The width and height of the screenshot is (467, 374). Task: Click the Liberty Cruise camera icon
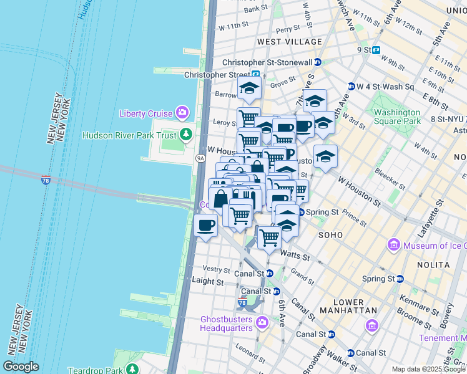[182, 113]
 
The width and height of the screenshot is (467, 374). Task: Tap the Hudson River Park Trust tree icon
[185, 135]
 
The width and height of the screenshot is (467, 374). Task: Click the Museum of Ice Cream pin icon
[393, 245]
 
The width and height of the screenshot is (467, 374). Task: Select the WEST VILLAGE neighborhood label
[290, 42]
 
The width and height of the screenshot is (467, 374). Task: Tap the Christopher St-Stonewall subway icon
[318, 62]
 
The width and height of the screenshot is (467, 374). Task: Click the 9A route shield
[200, 159]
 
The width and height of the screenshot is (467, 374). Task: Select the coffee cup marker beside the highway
[205, 225]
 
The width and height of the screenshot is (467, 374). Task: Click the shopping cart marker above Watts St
[269, 237]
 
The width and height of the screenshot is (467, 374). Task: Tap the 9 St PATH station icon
[376, 50]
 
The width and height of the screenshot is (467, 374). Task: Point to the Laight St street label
[208, 282]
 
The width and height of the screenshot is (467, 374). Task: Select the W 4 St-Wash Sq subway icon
[351, 87]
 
